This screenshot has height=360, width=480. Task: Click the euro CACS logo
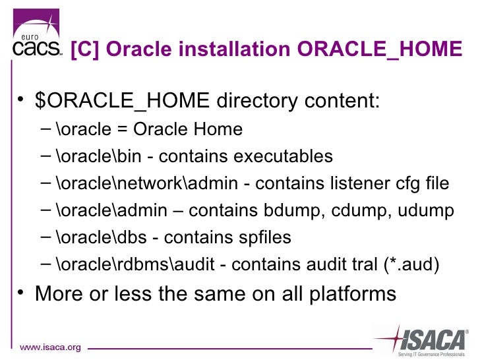click(37, 32)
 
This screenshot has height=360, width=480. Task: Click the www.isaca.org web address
click(50, 347)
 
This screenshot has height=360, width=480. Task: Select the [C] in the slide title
click(85, 49)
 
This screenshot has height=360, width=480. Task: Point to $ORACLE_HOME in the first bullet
click(123, 100)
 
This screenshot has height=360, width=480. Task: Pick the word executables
click(283, 156)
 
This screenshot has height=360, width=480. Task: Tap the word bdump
click(291, 210)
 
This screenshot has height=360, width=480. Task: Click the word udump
click(426, 210)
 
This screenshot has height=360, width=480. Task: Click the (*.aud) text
click(411, 264)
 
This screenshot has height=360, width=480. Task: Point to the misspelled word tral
click(365, 264)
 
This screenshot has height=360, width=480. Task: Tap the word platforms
click(353, 294)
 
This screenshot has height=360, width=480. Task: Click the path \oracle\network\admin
click(147, 183)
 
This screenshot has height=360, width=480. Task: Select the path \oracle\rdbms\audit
click(135, 264)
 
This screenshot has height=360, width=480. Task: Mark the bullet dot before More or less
click(20, 291)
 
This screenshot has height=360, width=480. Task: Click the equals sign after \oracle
click(122, 129)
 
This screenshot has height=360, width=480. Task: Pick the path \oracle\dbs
click(102, 237)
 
